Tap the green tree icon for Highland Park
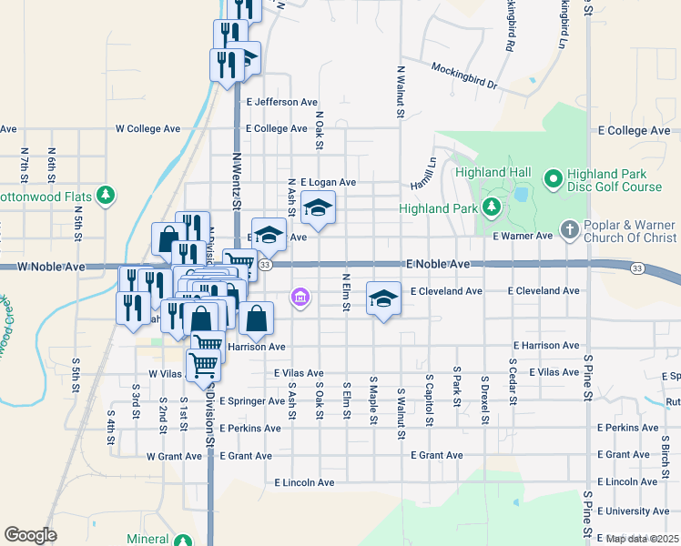tap(492, 207)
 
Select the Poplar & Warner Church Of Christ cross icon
tap(569, 228)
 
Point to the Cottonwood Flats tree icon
tap(107, 195)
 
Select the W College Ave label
tap(147, 129)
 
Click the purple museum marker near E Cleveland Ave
tap(300, 297)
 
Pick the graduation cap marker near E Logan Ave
tap(318, 208)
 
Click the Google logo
tap(30, 535)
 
